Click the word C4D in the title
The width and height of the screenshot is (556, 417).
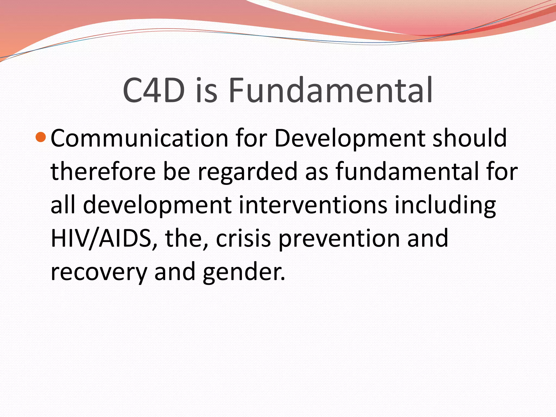pos(154,90)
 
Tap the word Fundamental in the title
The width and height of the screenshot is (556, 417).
pos(330,90)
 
